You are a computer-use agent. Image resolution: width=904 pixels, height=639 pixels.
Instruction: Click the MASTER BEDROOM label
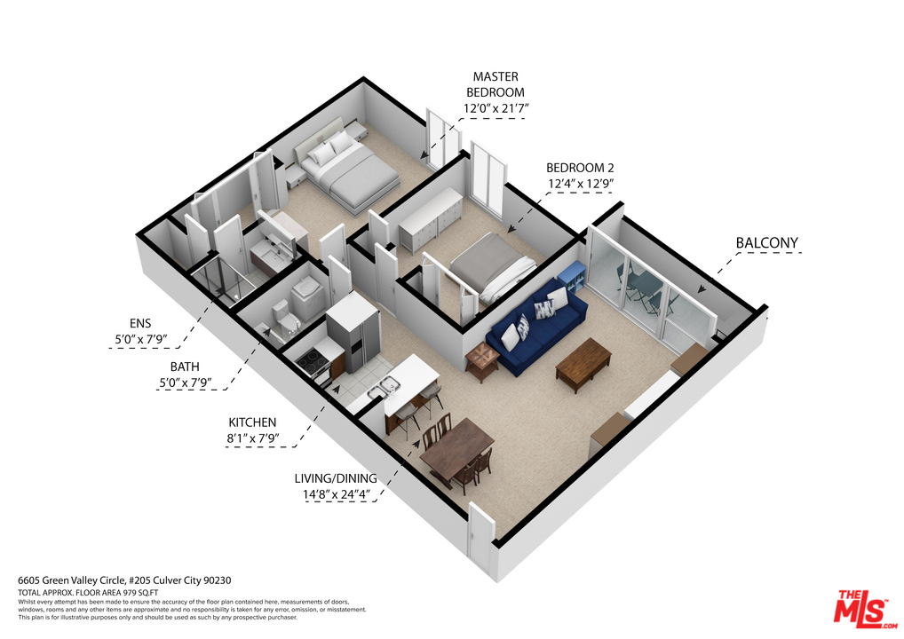click(496, 84)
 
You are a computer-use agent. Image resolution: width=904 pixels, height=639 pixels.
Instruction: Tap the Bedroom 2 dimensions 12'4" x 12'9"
click(580, 184)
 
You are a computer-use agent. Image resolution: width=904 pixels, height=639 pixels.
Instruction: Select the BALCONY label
click(766, 243)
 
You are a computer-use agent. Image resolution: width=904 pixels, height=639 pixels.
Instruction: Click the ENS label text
click(140, 324)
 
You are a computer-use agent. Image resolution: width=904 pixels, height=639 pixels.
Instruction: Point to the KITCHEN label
click(252, 422)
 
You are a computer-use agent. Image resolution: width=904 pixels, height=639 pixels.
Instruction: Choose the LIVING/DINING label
click(336, 478)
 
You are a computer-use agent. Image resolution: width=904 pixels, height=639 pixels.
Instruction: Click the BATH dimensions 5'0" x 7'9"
click(185, 382)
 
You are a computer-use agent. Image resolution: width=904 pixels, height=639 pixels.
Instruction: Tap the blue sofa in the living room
click(536, 326)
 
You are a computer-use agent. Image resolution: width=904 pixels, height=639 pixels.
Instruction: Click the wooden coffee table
click(583, 364)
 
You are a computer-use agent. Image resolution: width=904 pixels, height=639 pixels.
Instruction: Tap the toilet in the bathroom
click(284, 319)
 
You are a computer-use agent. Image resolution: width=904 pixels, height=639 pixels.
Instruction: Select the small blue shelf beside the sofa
click(571, 277)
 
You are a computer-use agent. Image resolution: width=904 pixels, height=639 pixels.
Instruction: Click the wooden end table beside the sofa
click(482, 360)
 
